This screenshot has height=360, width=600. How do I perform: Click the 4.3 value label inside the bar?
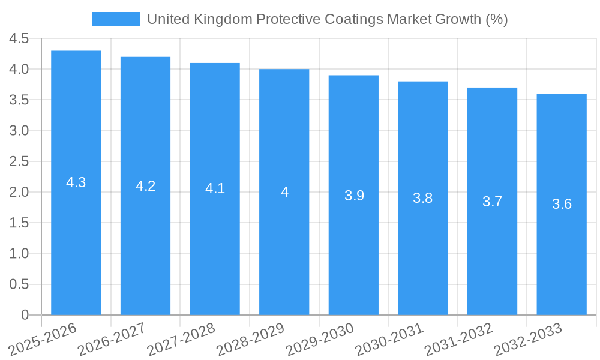(76, 183)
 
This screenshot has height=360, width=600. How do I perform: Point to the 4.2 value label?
(145, 186)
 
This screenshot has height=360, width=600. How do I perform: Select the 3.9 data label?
(354, 196)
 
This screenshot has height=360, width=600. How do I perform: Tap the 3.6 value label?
(562, 204)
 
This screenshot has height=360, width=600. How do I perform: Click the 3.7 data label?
(492, 202)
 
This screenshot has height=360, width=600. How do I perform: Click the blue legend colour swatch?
(115, 19)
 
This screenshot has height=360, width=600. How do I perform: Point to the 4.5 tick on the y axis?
(19, 38)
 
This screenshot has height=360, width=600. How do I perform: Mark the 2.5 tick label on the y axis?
(19, 161)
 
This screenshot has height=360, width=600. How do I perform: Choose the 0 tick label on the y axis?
(25, 315)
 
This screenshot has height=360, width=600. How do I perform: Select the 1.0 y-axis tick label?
(19, 253)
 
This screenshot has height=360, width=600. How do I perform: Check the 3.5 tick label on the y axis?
(19, 100)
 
